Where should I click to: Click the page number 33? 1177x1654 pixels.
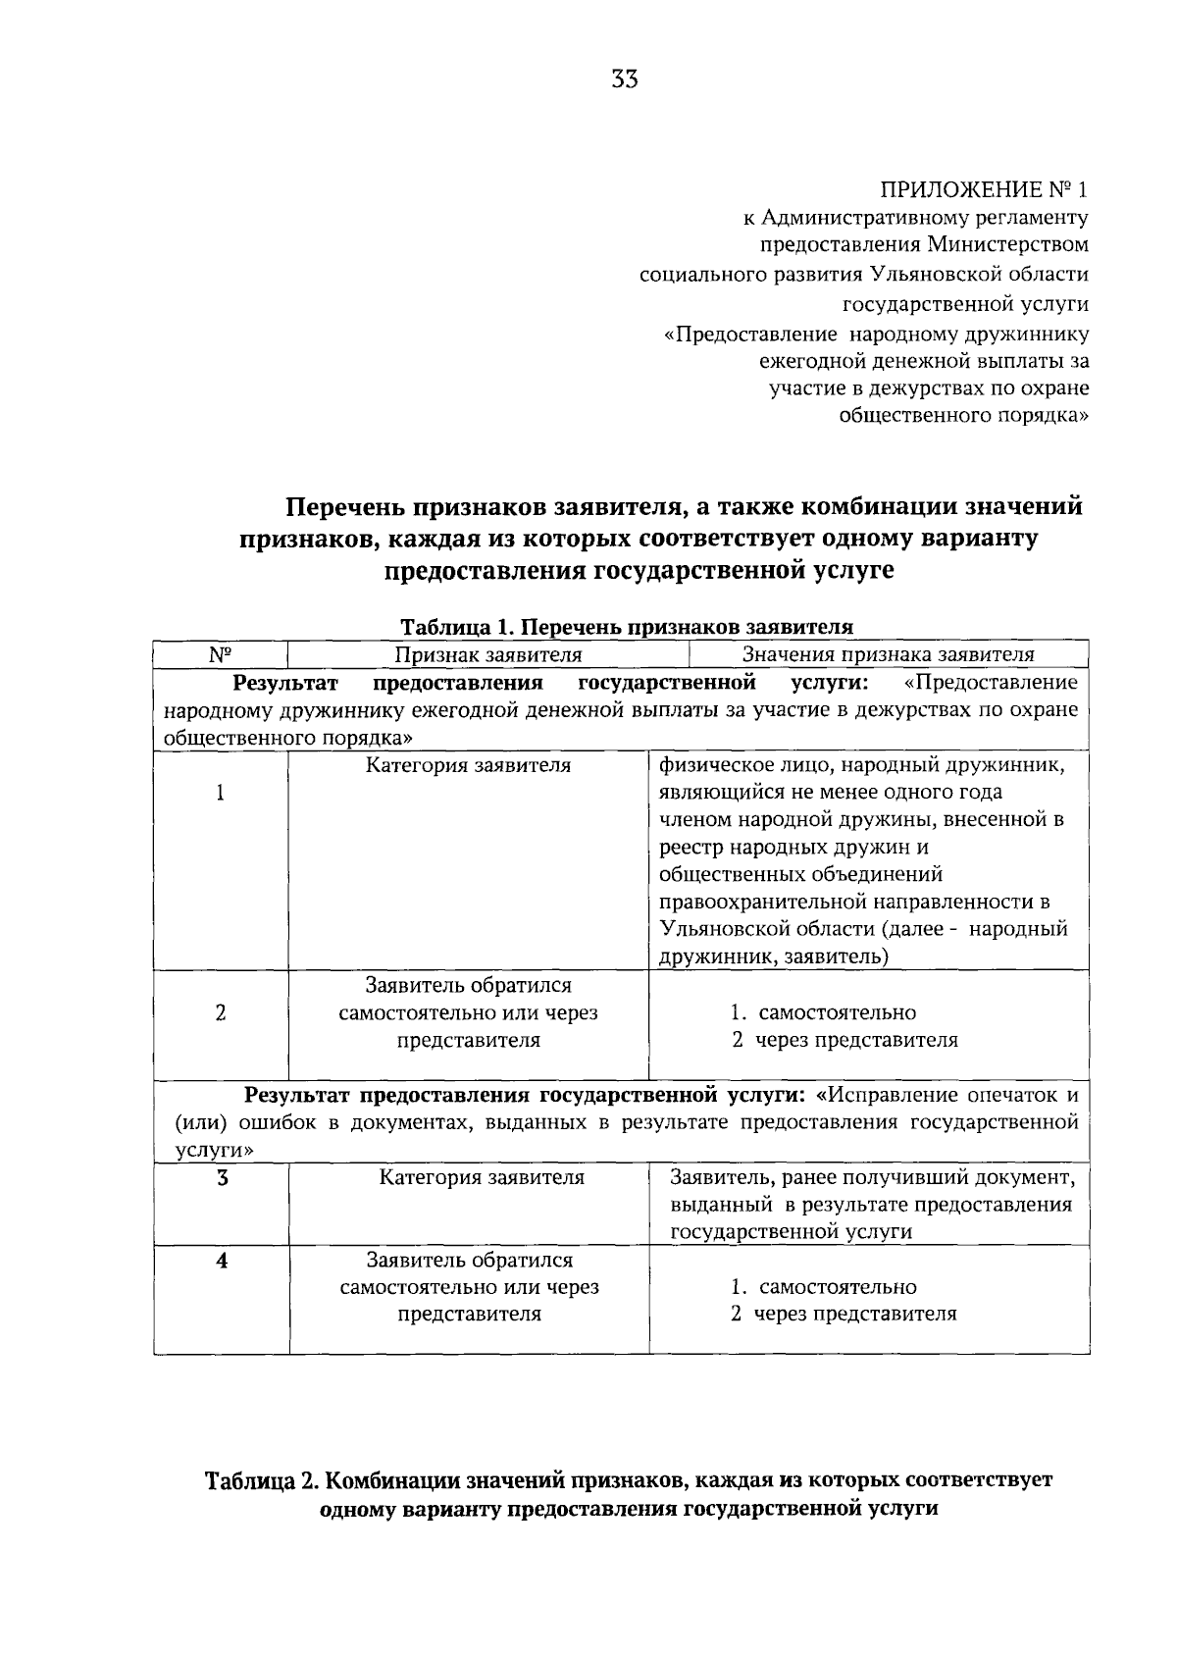(624, 80)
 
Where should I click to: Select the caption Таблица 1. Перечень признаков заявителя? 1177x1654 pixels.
(627, 626)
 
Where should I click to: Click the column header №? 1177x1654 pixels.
(221, 654)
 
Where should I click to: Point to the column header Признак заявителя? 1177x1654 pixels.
(488, 654)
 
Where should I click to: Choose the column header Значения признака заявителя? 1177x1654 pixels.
(889, 654)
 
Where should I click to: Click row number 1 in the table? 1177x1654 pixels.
(221, 793)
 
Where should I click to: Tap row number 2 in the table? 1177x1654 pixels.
(221, 1012)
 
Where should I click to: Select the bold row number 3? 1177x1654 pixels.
(223, 1177)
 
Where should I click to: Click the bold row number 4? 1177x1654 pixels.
(223, 1261)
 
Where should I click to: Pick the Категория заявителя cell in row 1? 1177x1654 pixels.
(469, 765)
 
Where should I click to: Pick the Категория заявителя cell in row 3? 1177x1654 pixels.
(482, 1177)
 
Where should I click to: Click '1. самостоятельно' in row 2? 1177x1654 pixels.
(824, 1012)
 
